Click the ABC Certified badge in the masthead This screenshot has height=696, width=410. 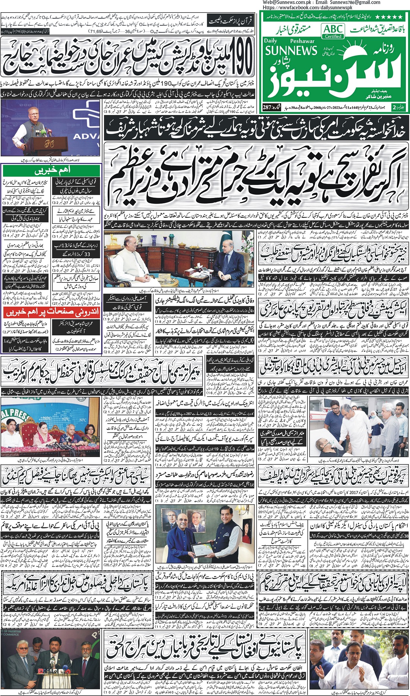[x=333, y=31]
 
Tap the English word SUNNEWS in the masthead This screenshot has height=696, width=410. [x=291, y=51]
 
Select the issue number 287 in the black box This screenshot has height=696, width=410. [x=266, y=108]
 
